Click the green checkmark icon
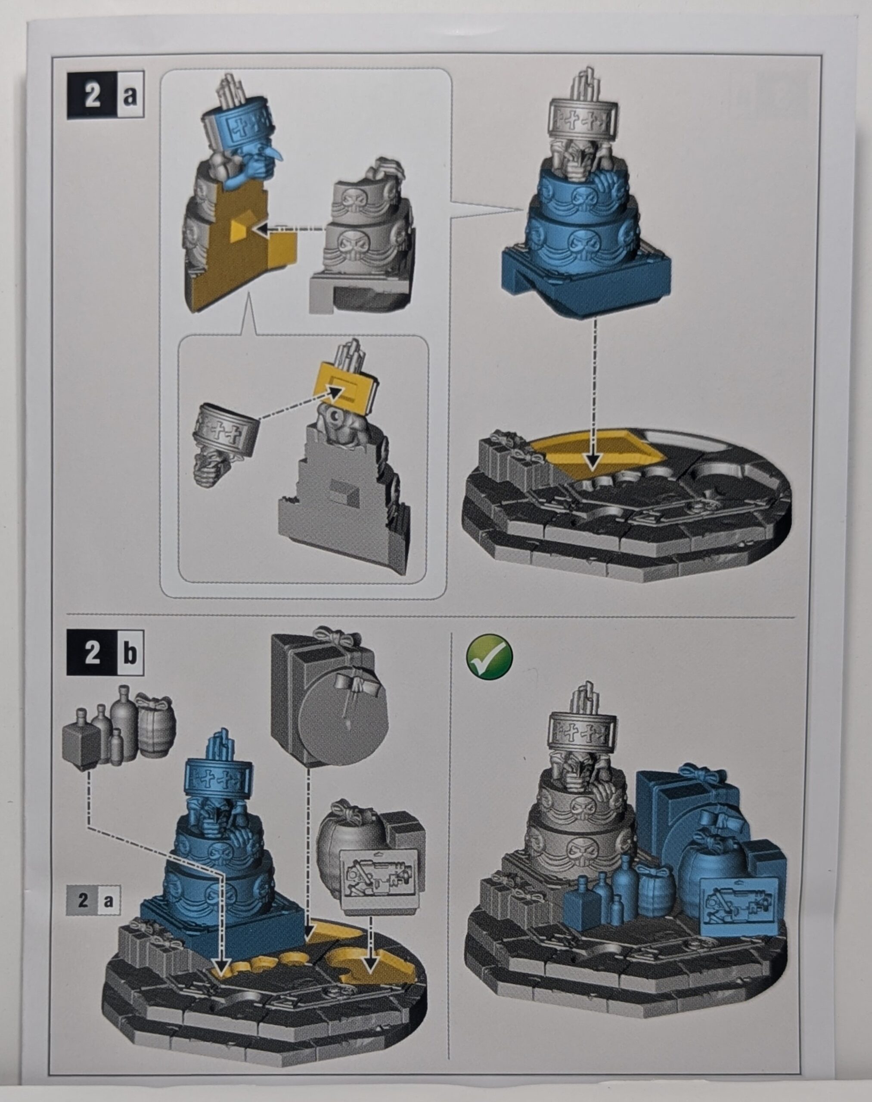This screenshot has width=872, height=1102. tap(490, 657)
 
